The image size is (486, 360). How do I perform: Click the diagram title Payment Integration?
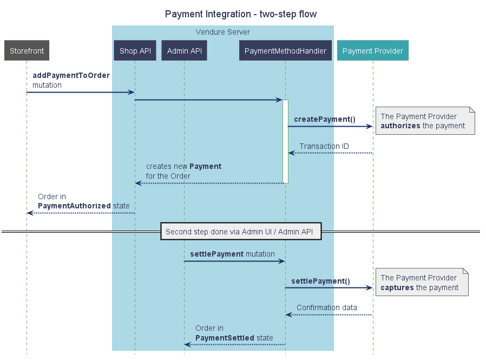241,14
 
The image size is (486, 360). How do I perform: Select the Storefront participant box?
27,51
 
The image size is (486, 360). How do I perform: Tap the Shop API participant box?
135,51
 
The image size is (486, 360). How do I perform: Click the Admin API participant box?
184,51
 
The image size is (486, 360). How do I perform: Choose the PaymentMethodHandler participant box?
285,51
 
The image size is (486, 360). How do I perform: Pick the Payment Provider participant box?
372,51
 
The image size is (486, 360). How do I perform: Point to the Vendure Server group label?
222,32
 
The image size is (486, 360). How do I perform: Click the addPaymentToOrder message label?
71,75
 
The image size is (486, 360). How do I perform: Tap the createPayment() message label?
324,119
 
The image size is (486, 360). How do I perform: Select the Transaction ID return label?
324,146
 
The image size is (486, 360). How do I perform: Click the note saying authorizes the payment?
424,121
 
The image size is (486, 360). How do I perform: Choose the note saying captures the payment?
421,282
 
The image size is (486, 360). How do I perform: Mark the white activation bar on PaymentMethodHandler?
285,141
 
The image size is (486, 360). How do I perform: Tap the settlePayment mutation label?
232,254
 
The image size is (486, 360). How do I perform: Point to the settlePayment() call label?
320,281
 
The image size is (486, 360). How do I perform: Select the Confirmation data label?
326,307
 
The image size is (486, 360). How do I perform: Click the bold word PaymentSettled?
225,338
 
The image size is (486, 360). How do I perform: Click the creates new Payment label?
183,171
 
